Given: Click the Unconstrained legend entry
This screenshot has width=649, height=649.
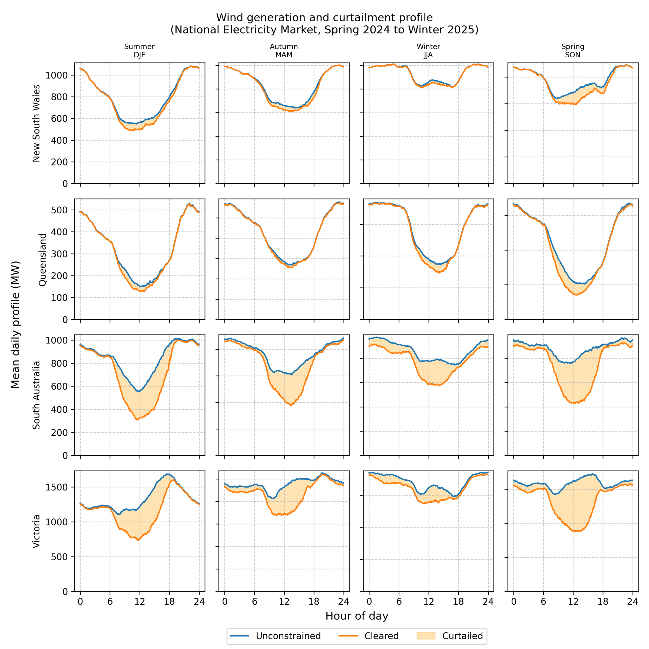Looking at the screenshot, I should (x=288, y=636).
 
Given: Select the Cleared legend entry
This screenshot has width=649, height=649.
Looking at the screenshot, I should (x=381, y=636).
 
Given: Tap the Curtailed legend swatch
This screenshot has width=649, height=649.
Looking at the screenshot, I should (x=426, y=636).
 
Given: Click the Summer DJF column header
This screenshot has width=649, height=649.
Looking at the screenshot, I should (x=140, y=51).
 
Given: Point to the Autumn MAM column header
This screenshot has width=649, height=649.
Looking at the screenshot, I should (x=284, y=51).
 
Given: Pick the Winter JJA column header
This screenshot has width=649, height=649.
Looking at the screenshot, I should (x=428, y=51).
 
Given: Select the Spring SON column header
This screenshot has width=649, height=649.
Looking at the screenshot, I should (x=573, y=51).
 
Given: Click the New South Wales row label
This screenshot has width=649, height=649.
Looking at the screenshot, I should (x=36, y=123).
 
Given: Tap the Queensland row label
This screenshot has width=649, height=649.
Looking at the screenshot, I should (x=42, y=260).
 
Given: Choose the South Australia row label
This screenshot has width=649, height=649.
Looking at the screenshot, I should (x=36, y=395).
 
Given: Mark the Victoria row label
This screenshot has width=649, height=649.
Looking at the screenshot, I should (x=36, y=531).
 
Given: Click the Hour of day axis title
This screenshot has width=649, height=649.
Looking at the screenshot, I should (x=357, y=616).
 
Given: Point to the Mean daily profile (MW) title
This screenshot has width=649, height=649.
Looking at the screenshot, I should (x=15, y=325).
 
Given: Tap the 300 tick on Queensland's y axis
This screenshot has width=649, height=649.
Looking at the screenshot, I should (x=59, y=254).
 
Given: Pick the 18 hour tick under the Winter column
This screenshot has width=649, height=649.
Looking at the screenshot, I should (x=458, y=601).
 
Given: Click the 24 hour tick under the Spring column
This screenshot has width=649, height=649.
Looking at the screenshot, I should (x=633, y=601).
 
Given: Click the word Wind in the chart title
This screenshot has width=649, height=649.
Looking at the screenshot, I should (x=227, y=18).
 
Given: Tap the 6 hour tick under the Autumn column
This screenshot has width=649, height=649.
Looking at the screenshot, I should (x=254, y=601).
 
